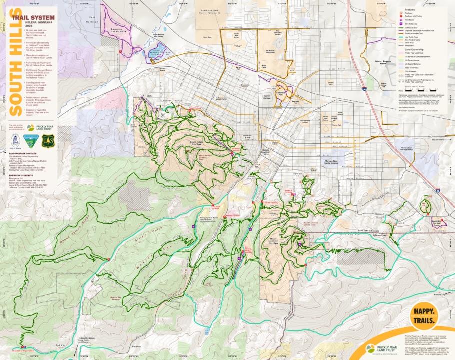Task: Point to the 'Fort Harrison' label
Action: pos(91,20)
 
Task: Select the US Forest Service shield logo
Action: pos(48,141)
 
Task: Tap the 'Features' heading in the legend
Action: pos(410,9)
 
